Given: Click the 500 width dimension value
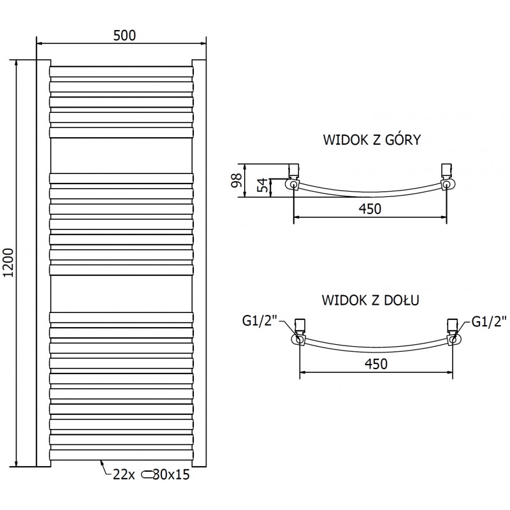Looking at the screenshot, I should click(x=124, y=35).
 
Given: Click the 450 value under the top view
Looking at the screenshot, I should click(x=370, y=209).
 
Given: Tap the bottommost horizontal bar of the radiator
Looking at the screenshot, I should click(x=120, y=454).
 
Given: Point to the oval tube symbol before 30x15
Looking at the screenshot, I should click(x=147, y=474).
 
